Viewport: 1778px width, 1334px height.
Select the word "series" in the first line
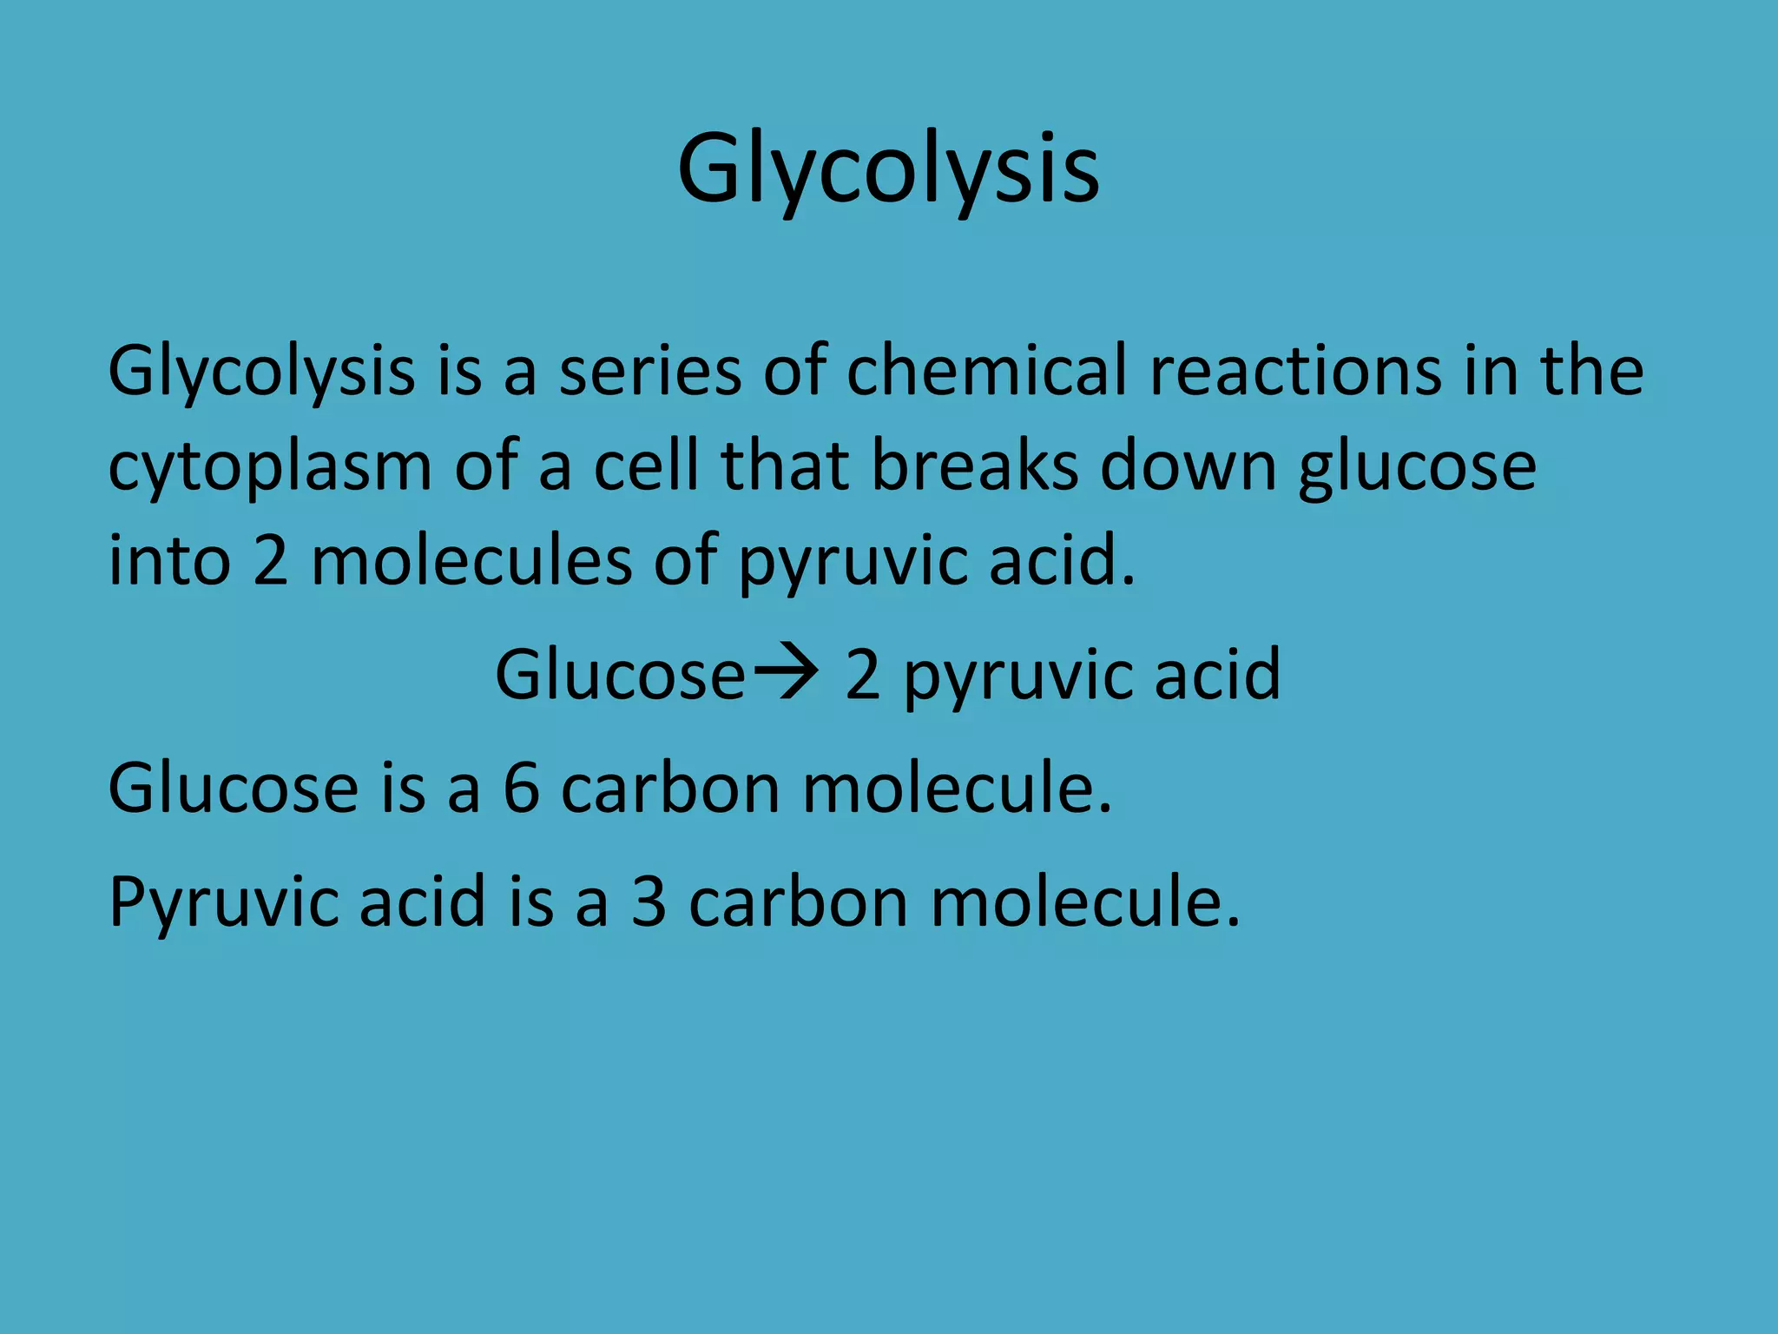pyautogui.click(x=649, y=372)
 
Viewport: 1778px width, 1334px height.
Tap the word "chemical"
pyautogui.click(x=987, y=370)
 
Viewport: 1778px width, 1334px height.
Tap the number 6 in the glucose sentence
pyautogui.click(x=521, y=789)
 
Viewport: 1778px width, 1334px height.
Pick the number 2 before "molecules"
pyautogui.click(x=270, y=561)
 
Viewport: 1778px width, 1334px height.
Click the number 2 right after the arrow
pyautogui.click(x=863, y=675)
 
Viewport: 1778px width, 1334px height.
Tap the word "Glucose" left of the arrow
pyautogui.click(x=620, y=675)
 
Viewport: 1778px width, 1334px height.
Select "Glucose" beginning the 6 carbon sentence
pyautogui.click(x=233, y=789)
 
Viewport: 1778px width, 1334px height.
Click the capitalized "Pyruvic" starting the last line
pyautogui.click(x=224, y=903)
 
